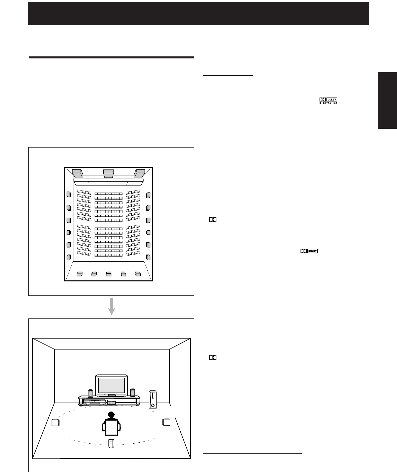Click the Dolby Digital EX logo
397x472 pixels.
[x=331, y=100]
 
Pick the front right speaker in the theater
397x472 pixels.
[x=139, y=173]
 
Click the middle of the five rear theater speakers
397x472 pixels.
[x=109, y=274]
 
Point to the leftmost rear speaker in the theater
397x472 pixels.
[x=79, y=274]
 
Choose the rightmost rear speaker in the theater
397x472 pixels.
[x=138, y=274]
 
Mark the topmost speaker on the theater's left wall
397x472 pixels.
[x=68, y=195]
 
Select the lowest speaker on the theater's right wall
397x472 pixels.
[x=148, y=258]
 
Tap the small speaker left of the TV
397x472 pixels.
[x=90, y=393]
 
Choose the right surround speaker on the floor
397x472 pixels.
[x=166, y=422]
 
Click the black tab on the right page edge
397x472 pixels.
[x=387, y=100]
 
